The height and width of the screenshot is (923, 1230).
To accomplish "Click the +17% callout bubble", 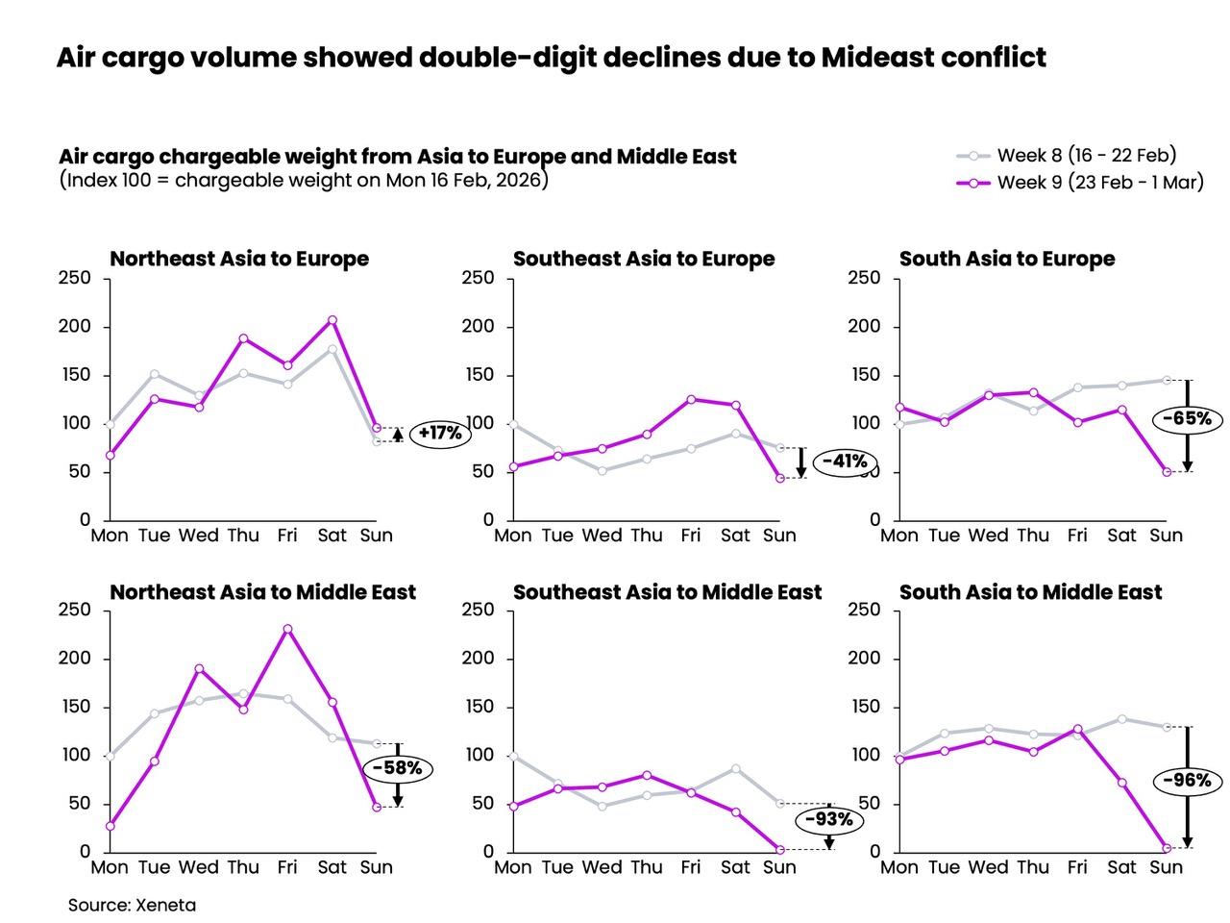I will (x=440, y=434).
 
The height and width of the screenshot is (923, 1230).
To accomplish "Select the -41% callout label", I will (x=846, y=461).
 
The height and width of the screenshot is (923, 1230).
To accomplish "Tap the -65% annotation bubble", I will (x=1193, y=419).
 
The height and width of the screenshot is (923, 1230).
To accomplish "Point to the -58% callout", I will (x=397, y=769).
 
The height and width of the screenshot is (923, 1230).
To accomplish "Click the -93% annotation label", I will (x=828, y=820).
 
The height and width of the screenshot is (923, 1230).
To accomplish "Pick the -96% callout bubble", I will (x=1188, y=781).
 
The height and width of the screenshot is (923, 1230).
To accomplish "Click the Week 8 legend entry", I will (x=1067, y=155).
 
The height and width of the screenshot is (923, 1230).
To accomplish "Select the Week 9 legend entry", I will (x=1080, y=183).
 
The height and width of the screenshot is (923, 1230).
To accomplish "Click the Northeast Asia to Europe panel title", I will (x=239, y=259).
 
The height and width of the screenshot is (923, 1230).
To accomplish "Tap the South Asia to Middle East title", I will (x=1030, y=592).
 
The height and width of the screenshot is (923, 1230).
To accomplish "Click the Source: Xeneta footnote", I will (x=132, y=905).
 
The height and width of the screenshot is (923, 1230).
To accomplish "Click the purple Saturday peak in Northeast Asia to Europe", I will (x=332, y=320).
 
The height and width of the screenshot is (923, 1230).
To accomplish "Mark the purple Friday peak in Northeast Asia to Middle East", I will (x=287, y=629).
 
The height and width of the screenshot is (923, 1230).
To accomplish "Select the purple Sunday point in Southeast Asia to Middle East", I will (x=779, y=850).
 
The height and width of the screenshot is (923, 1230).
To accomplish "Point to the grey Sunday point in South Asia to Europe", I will (x=1167, y=380).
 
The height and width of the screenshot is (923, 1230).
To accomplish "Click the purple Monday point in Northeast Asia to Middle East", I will (x=110, y=826).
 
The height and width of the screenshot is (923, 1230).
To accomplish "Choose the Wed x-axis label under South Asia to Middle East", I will (x=988, y=867).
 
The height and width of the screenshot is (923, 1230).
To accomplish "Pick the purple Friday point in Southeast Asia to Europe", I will (x=691, y=399).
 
